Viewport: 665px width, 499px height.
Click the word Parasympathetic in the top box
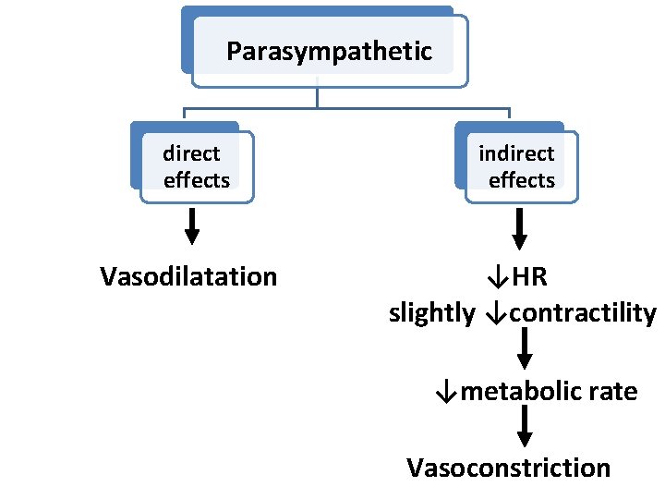point(329,51)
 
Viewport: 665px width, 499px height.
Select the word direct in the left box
point(191,153)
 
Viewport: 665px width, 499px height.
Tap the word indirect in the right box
point(516,153)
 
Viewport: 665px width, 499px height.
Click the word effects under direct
point(197,180)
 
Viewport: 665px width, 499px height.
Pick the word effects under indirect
point(522,180)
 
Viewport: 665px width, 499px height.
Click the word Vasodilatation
point(188,276)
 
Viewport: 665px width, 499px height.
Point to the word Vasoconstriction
point(509,468)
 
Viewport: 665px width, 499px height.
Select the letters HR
point(530,276)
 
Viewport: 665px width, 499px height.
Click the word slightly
point(431,313)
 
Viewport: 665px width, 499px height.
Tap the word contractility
point(582,313)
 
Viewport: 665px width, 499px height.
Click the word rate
point(612,392)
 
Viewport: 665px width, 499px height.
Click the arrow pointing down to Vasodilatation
point(191,226)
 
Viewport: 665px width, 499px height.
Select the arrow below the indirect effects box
point(519,228)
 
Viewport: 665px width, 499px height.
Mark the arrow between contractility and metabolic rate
point(524,349)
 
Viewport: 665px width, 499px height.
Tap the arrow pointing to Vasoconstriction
point(524,428)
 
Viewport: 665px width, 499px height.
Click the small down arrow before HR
point(498,276)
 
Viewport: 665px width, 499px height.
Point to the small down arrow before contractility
point(493,313)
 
